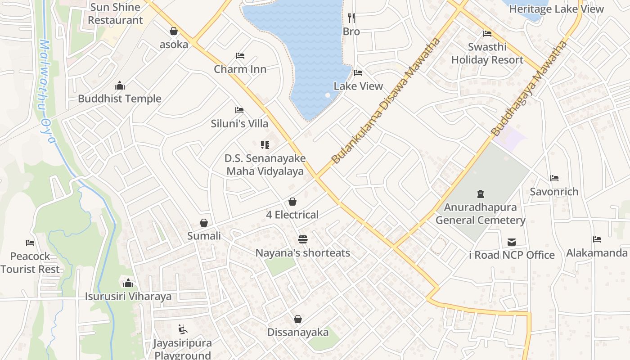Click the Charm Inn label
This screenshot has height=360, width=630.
point(240,69)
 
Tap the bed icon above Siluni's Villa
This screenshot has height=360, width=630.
point(239,110)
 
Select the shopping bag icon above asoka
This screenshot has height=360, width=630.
point(174,31)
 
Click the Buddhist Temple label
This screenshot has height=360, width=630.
point(120,99)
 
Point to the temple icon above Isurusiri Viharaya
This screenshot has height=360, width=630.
point(128,283)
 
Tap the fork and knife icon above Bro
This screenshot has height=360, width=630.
point(351,18)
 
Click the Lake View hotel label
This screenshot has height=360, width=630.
point(358,86)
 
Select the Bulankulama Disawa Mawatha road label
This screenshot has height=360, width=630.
point(385,101)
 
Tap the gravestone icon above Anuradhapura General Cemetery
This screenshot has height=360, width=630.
point(481,194)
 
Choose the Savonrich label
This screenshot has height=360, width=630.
point(554,192)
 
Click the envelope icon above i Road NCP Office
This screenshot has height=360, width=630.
point(512,242)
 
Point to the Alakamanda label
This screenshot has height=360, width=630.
point(597,253)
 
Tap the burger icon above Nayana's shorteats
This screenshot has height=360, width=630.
point(303,239)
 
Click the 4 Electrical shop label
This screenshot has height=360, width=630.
point(292,215)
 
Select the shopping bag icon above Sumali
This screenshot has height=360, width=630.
point(204,223)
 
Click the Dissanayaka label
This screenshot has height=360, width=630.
point(298,333)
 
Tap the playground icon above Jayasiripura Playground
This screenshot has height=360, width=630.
point(182,329)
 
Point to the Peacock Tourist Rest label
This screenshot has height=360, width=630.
point(30,263)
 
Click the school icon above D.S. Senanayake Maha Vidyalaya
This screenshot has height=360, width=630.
point(265,145)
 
